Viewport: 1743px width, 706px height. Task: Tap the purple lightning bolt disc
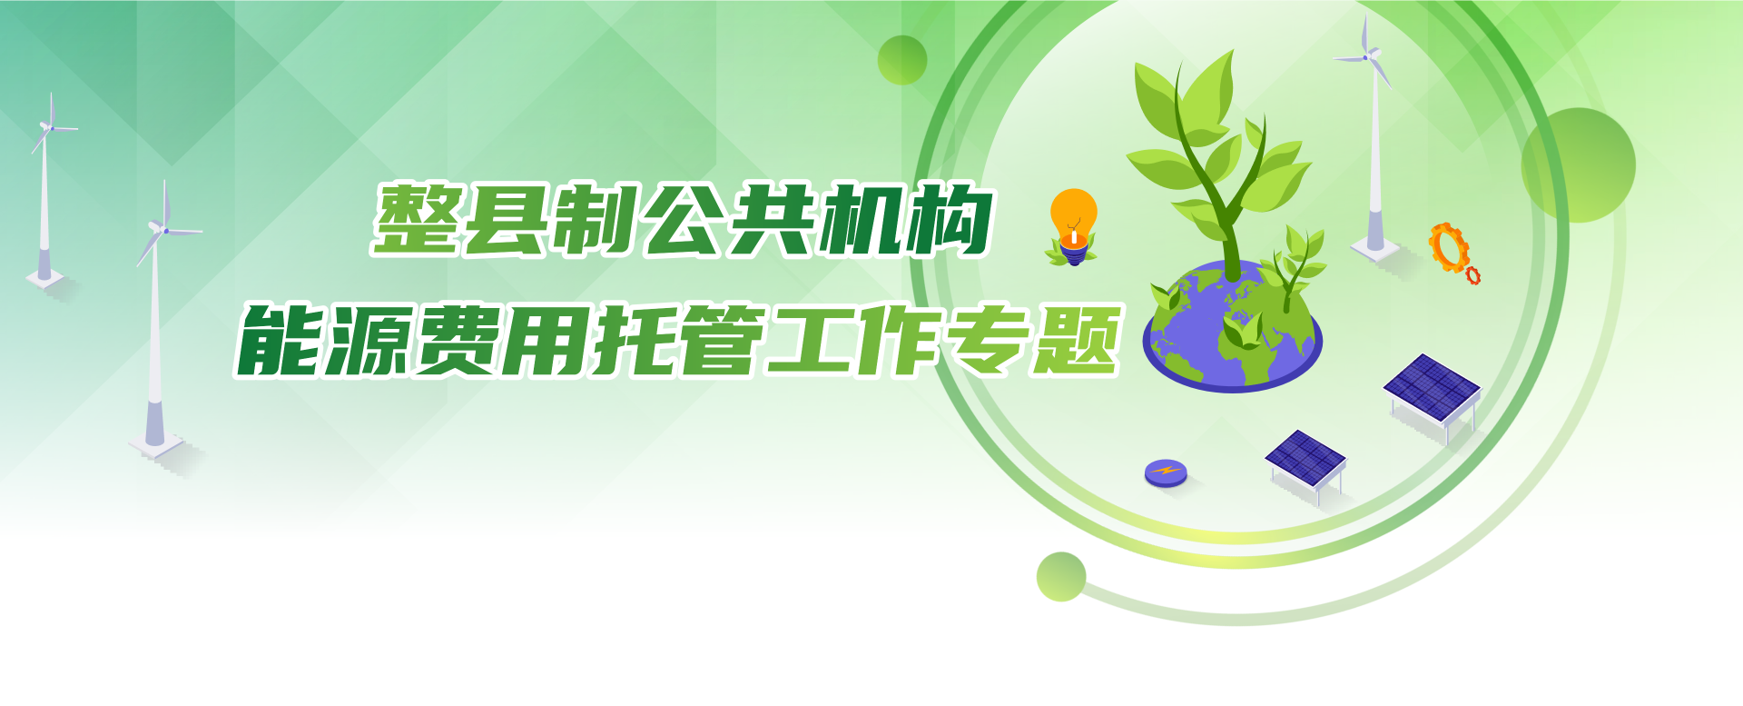(x=1166, y=472)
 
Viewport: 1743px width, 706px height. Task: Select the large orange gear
(x=1449, y=246)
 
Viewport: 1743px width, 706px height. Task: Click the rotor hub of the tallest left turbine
(x=165, y=230)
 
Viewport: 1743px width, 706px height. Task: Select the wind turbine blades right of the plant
(x=1364, y=55)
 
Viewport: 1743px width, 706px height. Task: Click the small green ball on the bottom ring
(x=1061, y=576)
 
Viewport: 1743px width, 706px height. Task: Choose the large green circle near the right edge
(x=1579, y=165)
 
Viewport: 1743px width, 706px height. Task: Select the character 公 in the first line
(x=686, y=219)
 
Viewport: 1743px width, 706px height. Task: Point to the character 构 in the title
(x=950, y=219)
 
